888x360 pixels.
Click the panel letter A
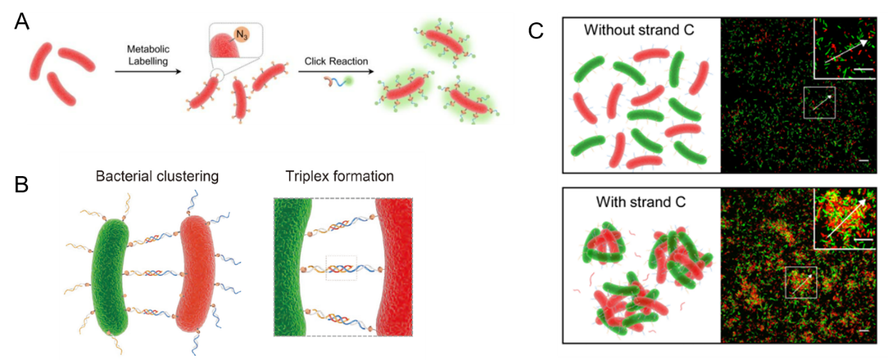point(22,22)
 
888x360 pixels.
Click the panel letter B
point(22,185)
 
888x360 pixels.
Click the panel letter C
point(536,31)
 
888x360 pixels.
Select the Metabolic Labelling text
point(148,55)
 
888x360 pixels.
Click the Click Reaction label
point(336,61)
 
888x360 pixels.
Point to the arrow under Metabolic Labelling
point(148,71)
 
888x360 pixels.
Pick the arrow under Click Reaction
point(336,71)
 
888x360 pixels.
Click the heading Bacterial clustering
point(157,176)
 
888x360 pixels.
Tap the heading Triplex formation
point(340,176)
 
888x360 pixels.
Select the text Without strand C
point(639,30)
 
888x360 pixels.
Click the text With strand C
point(641,202)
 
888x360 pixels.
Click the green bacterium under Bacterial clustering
point(110,277)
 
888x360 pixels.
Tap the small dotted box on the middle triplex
point(342,268)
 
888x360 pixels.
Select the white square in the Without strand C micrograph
point(820,103)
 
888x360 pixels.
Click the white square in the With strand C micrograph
point(801,282)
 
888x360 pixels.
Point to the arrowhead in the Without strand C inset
point(864,43)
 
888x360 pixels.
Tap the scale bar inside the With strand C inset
point(863,240)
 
